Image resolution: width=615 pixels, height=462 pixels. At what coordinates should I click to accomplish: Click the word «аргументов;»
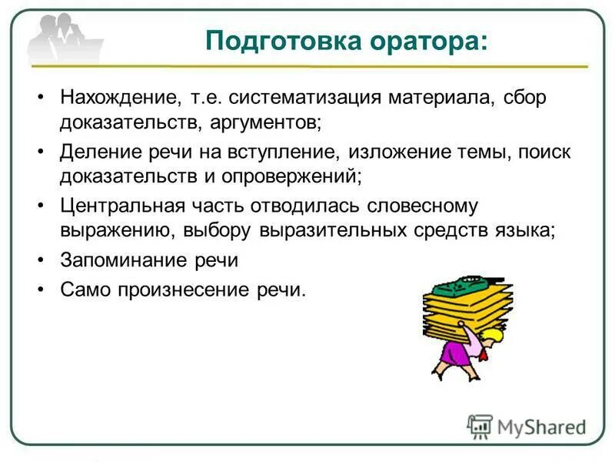(x=264, y=122)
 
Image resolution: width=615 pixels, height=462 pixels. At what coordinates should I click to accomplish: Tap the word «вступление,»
(x=278, y=152)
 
